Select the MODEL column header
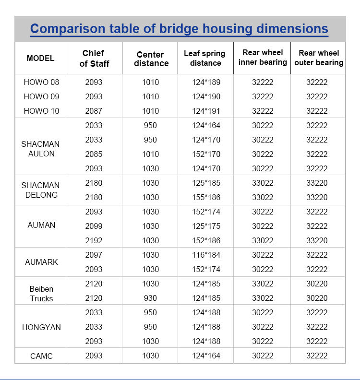[40, 58]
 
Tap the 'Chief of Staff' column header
[94, 58]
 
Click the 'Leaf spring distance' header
[205, 58]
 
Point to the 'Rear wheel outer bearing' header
[319, 58]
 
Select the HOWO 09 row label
[41, 96]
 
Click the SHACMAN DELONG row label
[40, 190]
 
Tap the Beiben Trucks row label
[41, 294]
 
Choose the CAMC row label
[41, 356]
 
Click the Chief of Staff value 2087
[94, 111]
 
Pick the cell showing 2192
[94, 240]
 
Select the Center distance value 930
[150, 298]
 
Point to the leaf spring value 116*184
[206, 255]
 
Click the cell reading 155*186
[206, 197]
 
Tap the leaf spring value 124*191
[206, 111]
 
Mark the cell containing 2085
[94, 154]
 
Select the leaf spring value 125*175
[206, 226]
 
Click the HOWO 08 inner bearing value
[263, 82]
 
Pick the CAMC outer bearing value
[317, 356]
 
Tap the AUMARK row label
[41, 262]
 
